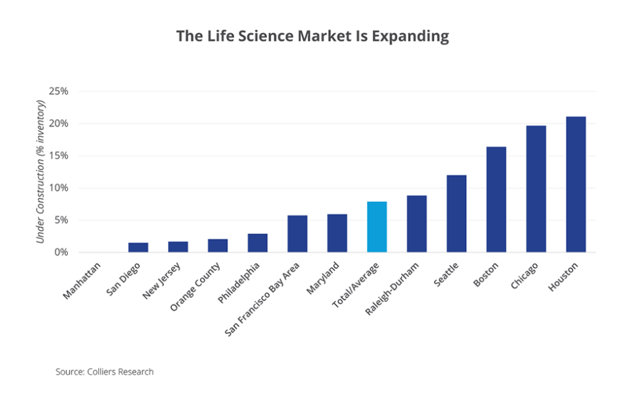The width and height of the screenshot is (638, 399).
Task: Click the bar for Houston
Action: [576, 184]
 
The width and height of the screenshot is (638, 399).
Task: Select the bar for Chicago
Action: [536, 189]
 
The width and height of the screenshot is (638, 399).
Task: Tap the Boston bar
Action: [496, 199]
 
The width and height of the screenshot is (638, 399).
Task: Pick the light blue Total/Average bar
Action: [377, 227]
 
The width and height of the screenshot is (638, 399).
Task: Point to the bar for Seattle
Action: [456, 213]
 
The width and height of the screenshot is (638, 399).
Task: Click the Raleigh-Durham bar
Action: [417, 223]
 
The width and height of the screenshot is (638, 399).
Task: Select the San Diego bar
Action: [138, 247]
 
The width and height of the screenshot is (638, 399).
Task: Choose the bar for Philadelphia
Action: [257, 243]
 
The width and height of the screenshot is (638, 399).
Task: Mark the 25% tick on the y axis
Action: [58, 91]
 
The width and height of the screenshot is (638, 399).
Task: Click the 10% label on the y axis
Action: [58, 188]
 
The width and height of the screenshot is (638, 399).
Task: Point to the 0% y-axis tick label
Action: [61, 253]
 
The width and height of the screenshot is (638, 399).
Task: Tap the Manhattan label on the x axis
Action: [83, 281]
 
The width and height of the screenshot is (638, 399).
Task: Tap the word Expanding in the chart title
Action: [415, 36]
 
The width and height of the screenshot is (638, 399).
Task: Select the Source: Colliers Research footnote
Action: [104, 372]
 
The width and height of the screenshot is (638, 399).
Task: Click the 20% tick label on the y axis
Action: [58, 124]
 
